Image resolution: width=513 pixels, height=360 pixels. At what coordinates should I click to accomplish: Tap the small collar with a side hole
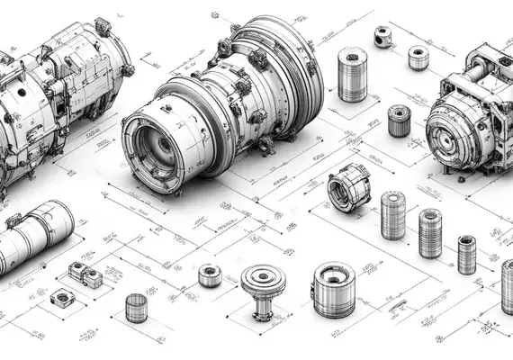coord(385,36)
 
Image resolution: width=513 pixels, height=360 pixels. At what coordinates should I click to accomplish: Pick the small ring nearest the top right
coord(418,57)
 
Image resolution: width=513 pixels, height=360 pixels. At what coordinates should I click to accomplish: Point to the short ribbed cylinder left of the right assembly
coord(399,121)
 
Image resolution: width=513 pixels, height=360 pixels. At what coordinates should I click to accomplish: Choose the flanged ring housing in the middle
coord(347,187)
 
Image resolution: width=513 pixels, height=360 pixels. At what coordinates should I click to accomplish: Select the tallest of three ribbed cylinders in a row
coord(392,215)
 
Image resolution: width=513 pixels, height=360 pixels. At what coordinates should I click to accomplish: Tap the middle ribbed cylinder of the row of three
coord(429,233)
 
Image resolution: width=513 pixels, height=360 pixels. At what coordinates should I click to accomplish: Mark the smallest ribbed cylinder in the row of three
coord(466,254)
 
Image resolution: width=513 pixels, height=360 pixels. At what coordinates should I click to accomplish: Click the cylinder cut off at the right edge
coord(508,285)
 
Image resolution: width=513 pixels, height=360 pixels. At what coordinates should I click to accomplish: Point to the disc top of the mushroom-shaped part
coord(263,280)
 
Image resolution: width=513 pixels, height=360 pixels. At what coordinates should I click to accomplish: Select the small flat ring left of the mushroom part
coord(210,274)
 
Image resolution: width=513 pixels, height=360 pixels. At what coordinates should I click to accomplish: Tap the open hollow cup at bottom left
coord(136,307)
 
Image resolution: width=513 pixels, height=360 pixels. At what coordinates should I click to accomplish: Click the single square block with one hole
coord(61,298)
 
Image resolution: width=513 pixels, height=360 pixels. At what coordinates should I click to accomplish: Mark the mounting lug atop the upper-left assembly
coord(101,27)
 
